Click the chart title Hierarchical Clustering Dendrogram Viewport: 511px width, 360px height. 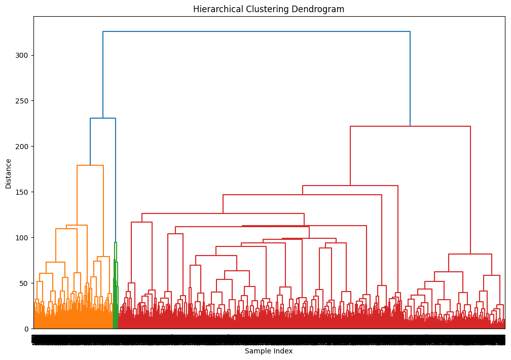pos(269,9)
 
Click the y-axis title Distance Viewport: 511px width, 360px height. pos(9,173)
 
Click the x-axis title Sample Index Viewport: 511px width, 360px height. pos(269,351)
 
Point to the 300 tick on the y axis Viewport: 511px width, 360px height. pos(22,55)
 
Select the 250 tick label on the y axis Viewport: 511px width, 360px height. pos(22,101)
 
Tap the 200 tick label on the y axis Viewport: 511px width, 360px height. pos(22,147)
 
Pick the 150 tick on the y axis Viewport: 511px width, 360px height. pos(22,192)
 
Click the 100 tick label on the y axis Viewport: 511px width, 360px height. pos(22,238)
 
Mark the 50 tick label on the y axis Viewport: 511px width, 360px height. pos(24,283)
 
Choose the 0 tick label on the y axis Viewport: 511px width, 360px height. pos(26,329)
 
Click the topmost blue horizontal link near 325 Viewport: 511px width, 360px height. pos(256,31)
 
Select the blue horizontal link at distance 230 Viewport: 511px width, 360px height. pos(103,118)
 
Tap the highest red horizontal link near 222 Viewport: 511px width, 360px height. pos(410,126)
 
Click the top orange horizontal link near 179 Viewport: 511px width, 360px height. pos(90,165)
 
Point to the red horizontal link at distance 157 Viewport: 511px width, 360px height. pos(350,186)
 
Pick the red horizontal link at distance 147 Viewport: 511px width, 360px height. pos(303,195)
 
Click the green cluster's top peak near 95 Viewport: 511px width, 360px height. pos(116,242)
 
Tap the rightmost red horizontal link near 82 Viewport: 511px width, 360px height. pos(470,254)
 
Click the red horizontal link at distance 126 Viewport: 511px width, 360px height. pos(223,213)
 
